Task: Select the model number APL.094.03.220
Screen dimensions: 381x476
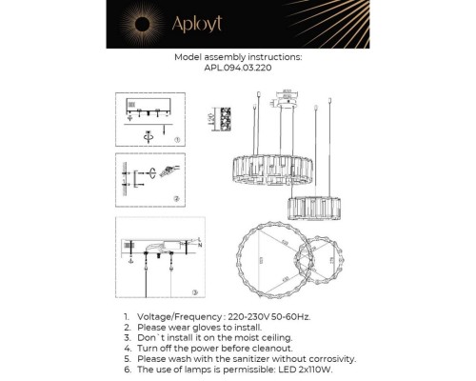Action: pos(238,69)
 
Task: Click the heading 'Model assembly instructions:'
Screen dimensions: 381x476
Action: pos(238,57)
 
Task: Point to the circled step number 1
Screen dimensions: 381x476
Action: pos(178,140)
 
